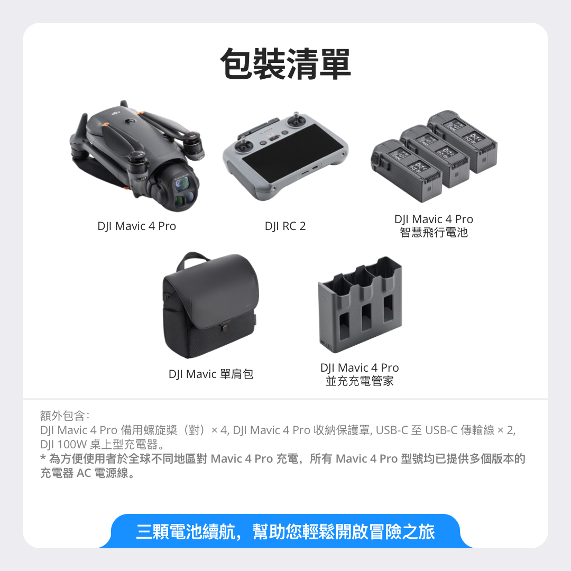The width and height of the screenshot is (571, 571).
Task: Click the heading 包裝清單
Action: click(x=285, y=64)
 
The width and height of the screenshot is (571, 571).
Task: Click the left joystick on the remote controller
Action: click(x=243, y=144)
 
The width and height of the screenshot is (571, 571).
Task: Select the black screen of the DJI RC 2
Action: click(x=292, y=154)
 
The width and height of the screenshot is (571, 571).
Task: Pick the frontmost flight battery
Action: click(x=406, y=170)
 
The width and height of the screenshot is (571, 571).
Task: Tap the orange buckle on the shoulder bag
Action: click(x=223, y=327)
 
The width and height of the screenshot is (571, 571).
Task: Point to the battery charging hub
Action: click(x=360, y=305)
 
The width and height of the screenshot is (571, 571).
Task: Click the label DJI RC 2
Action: click(x=285, y=226)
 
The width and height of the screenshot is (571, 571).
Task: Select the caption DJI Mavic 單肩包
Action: click(x=211, y=374)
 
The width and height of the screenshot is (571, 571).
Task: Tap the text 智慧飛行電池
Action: click(x=434, y=232)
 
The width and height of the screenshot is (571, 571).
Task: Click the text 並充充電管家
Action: click(x=360, y=381)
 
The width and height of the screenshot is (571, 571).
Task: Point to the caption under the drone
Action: click(x=136, y=226)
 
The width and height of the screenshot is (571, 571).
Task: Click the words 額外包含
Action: click(x=62, y=416)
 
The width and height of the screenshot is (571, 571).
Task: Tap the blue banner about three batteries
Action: click(x=285, y=531)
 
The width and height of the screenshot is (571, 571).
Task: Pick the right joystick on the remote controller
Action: click(x=297, y=119)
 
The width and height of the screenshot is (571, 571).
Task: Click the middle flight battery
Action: click(x=434, y=155)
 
